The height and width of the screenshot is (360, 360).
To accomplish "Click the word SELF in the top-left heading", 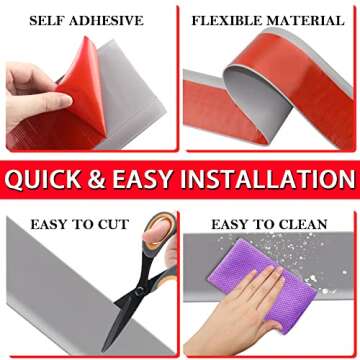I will click(x=48, y=20).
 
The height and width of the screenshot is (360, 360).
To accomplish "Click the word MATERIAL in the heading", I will click(x=305, y=20).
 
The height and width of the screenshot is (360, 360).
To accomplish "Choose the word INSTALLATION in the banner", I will click(x=275, y=180).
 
